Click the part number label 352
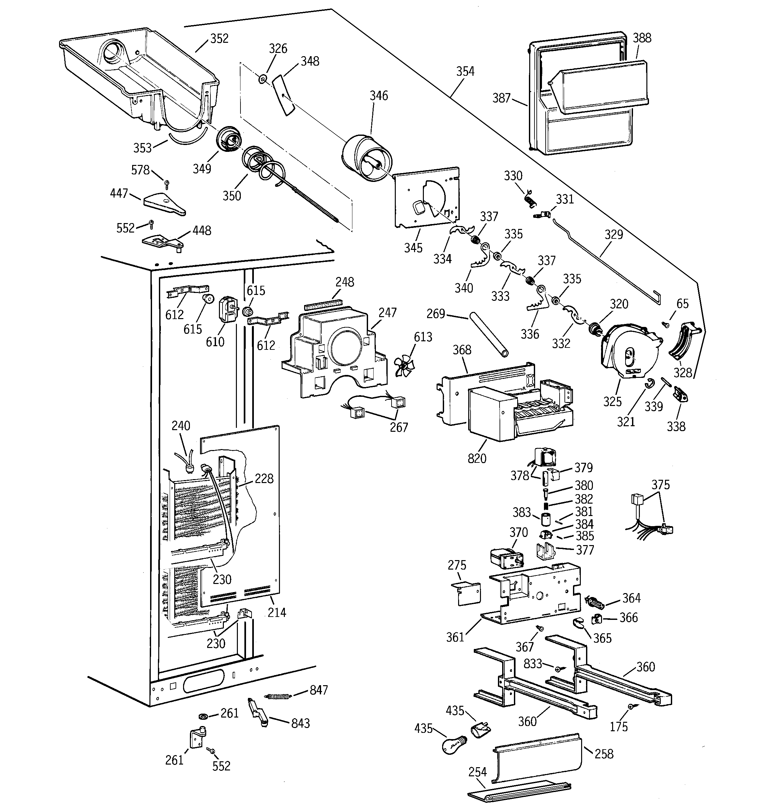[x=219, y=39]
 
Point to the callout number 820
[x=476, y=459]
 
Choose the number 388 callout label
[x=642, y=38]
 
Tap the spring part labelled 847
[x=278, y=696]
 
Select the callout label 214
[x=277, y=612]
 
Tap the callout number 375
[x=660, y=485]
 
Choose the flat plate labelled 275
[x=467, y=594]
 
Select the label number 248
[x=344, y=282]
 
